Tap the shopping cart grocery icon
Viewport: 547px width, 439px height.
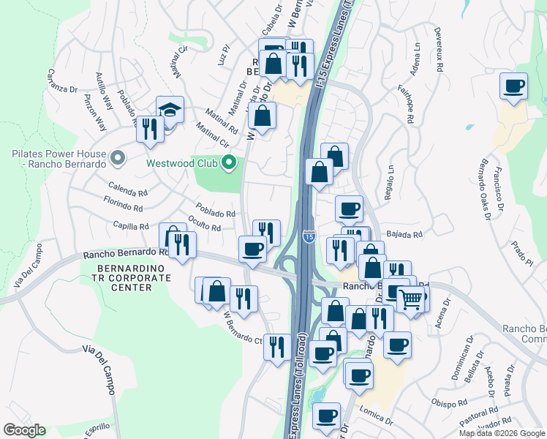410,298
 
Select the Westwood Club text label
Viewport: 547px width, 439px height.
184,162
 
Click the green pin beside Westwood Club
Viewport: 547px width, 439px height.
229,162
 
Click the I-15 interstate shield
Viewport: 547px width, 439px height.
309,236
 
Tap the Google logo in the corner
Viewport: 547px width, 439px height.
24,429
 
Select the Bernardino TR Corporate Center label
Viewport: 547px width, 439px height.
124,278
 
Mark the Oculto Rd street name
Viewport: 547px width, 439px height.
204,224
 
